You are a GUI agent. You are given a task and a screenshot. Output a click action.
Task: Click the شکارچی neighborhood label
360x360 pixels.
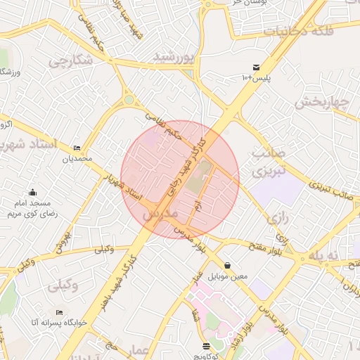pyautogui.click(x=71, y=61)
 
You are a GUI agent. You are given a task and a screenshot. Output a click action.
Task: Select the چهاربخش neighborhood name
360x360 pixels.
pyautogui.click(x=321, y=102)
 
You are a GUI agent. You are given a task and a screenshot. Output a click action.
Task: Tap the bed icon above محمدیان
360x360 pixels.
pyautogui.click(x=77, y=148)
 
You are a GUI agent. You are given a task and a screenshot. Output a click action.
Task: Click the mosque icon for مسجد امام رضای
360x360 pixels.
pyautogui.click(x=32, y=193)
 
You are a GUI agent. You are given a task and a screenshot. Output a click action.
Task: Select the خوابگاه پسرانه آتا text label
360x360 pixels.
pyautogui.click(x=58, y=322)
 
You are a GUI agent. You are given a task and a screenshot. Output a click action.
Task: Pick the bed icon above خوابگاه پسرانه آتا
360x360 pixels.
pyautogui.click(x=59, y=311)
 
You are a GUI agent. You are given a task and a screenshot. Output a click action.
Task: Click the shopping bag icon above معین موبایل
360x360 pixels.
pyautogui.click(x=226, y=266)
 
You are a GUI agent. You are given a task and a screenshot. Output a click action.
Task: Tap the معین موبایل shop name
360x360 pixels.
pyautogui.click(x=227, y=276)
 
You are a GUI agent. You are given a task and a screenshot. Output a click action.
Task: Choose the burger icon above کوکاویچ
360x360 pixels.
pyautogui.click(x=205, y=345)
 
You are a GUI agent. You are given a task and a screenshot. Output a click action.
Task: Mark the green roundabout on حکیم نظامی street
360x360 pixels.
pyautogui.click(x=129, y=100)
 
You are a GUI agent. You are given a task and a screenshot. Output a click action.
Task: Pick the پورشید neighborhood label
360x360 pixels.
pyautogui.click(x=174, y=56)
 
